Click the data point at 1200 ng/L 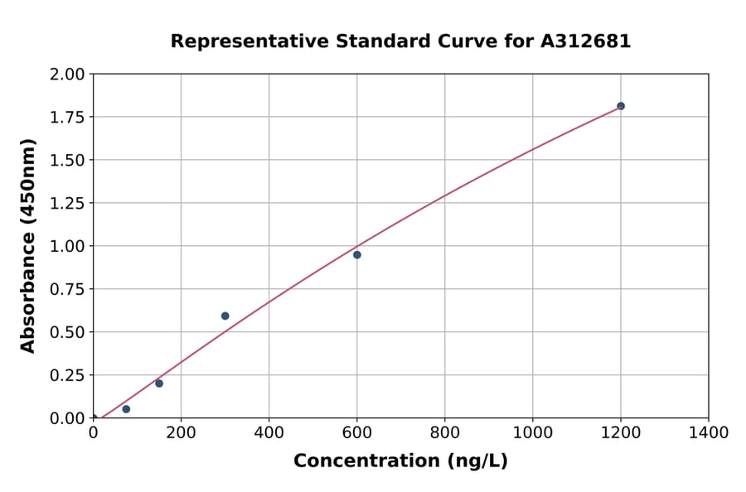pyautogui.click(x=620, y=106)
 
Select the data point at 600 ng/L pyautogui.click(x=357, y=255)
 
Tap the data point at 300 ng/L pyautogui.click(x=225, y=316)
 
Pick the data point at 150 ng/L pyautogui.click(x=159, y=383)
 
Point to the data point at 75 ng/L pyautogui.click(x=126, y=409)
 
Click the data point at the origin pyautogui.click(x=94, y=418)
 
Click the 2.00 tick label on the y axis pyautogui.click(x=67, y=75)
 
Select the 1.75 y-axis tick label pyautogui.click(x=67, y=117)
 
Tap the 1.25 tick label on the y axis pyautogui.click(x=67, y=203)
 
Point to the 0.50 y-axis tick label pyautogui.click(x=67, y=332)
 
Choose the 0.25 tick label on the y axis pyautogui.click(x=67, y=375)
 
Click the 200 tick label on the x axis pyautogui.click(x=181, y=432)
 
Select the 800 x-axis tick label pyautogui.click(x=444, y=432)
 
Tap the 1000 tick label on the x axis pyautogui.click(x=532, y=432)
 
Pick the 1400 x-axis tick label pyautogui.click(x=708, y=432)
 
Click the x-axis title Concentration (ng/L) pyautogui.click(x=400, y=461)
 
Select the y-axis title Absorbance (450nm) pyautogui.click(x=28, y=246)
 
